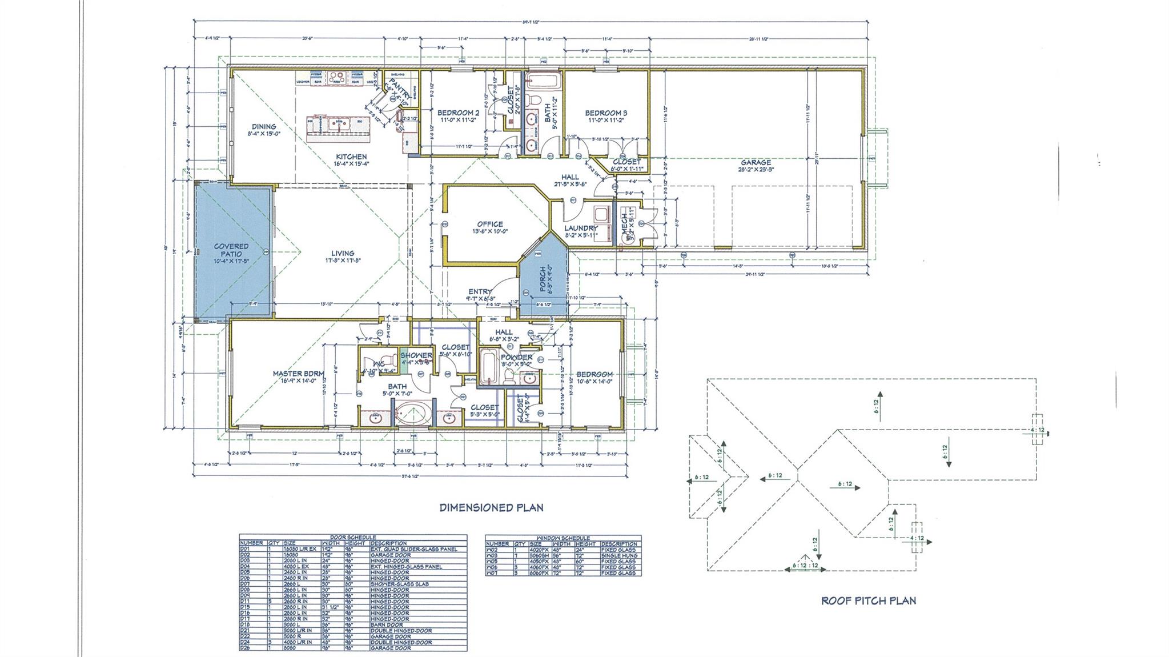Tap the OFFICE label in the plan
click(x=490, y=224)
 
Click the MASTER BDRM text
click(x=298, y=374)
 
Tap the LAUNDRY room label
click(x=581, y=228)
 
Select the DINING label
click(x=264, y=126)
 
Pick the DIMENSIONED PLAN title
click(x=491, y=507)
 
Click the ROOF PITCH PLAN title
click(x=868, y=600)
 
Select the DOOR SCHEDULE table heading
click(x=353, y=537)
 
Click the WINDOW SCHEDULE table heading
click(x=563, y=538)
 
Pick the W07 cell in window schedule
click(x=491, y=573)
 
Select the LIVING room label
click(x=343, y=253)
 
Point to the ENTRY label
click(x=480, y=291)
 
